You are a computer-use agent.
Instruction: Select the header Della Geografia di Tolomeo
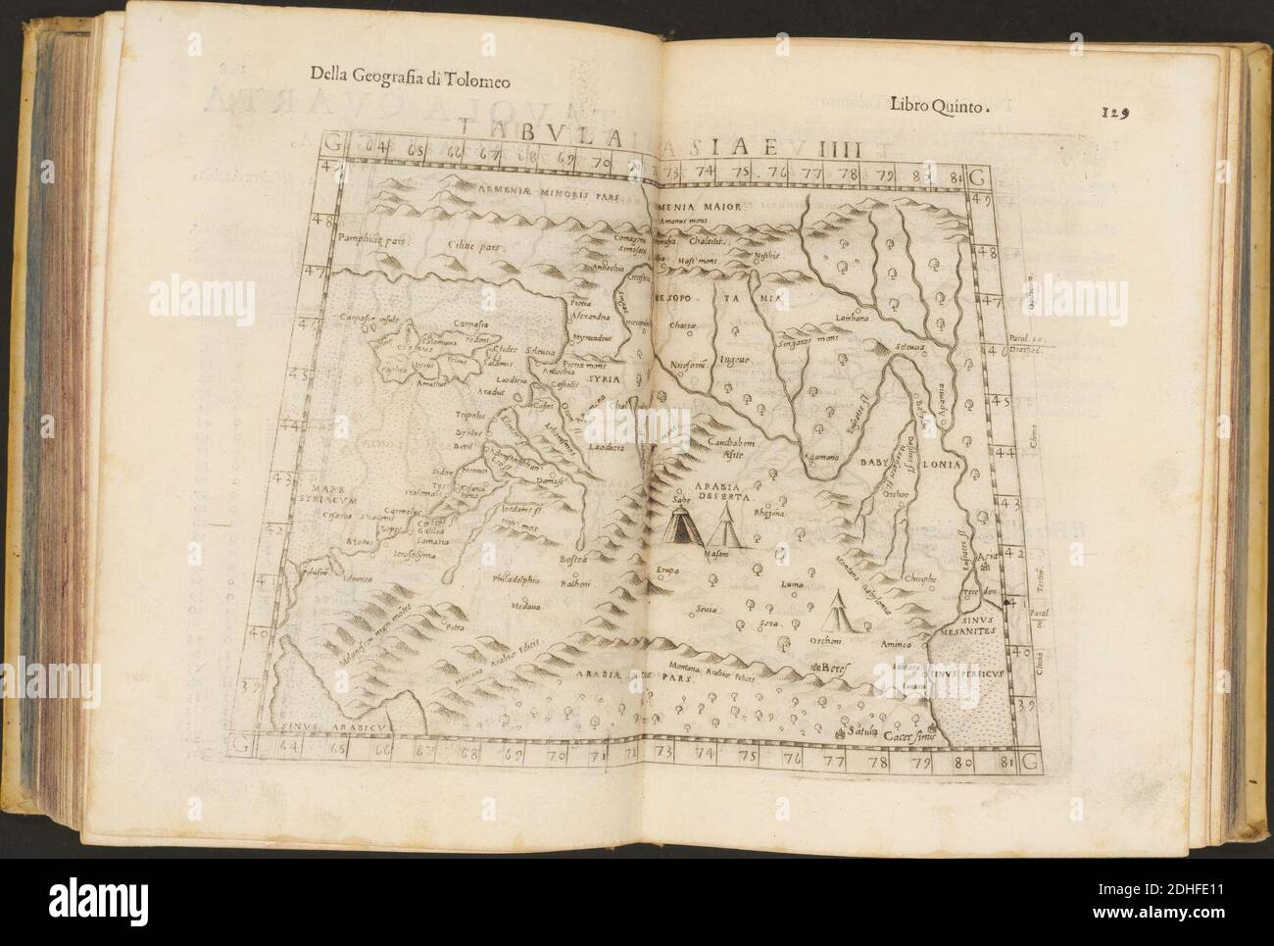pos(409,73)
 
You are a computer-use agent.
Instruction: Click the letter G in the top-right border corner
pos(976,177)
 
